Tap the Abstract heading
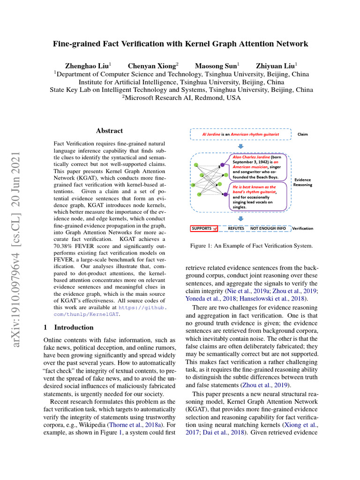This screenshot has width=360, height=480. click(109, 131)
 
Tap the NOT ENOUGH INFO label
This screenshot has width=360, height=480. click(268, 228)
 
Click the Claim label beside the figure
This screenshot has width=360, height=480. click(303, 134)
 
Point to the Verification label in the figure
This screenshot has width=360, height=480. click(303, 229)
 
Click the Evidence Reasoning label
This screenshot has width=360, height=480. click(302, 182)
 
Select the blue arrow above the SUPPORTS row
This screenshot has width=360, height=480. click(240, 218)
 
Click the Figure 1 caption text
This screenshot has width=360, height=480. click(251, 246)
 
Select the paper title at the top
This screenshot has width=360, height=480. click(180, 44)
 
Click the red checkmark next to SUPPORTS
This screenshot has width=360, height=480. click(215, 229)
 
